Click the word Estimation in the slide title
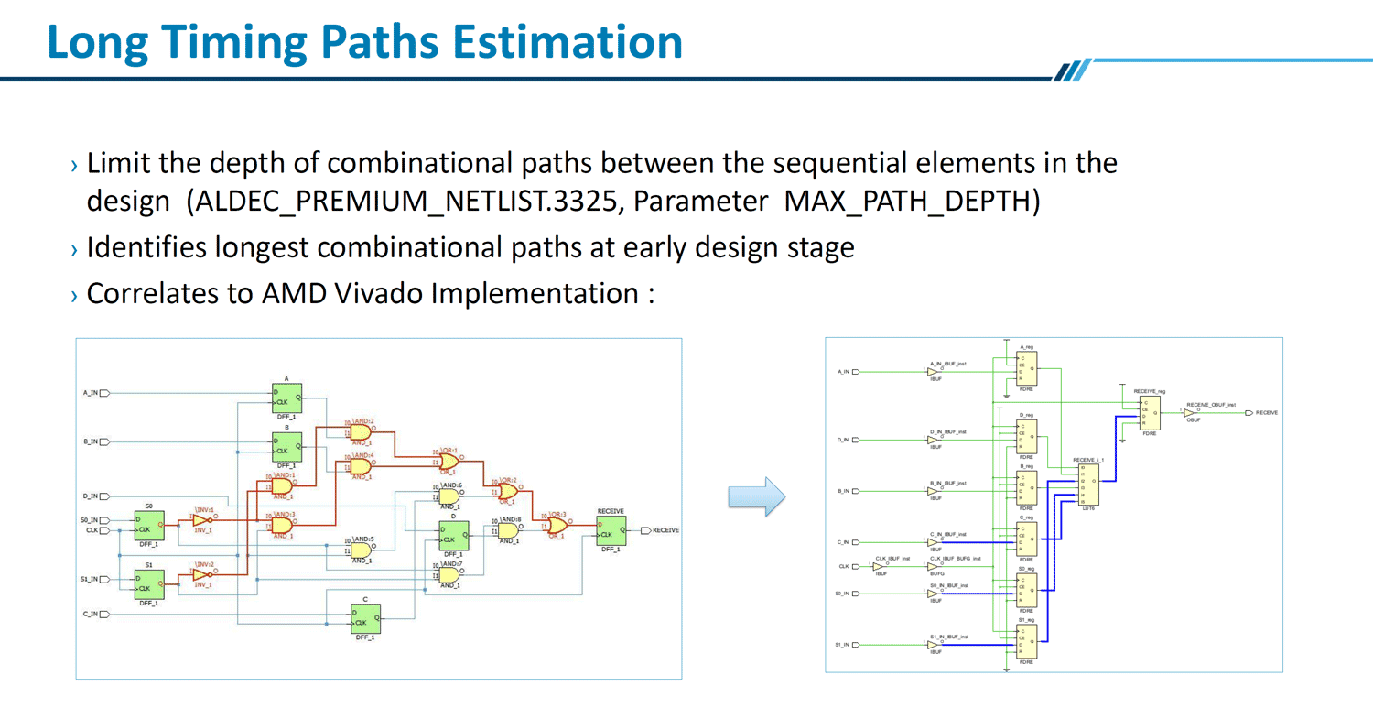point(547,42)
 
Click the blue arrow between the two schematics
point(756,496)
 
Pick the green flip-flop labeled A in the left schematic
point(286,398)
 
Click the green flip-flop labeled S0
point(149,525)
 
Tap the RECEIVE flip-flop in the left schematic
point(611,529)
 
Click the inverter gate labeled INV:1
point(201,520)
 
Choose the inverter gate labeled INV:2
point(201,574)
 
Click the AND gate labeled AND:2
point(362,431)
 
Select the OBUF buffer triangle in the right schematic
point(1190,413)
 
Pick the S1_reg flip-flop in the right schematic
point(1026,642)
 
